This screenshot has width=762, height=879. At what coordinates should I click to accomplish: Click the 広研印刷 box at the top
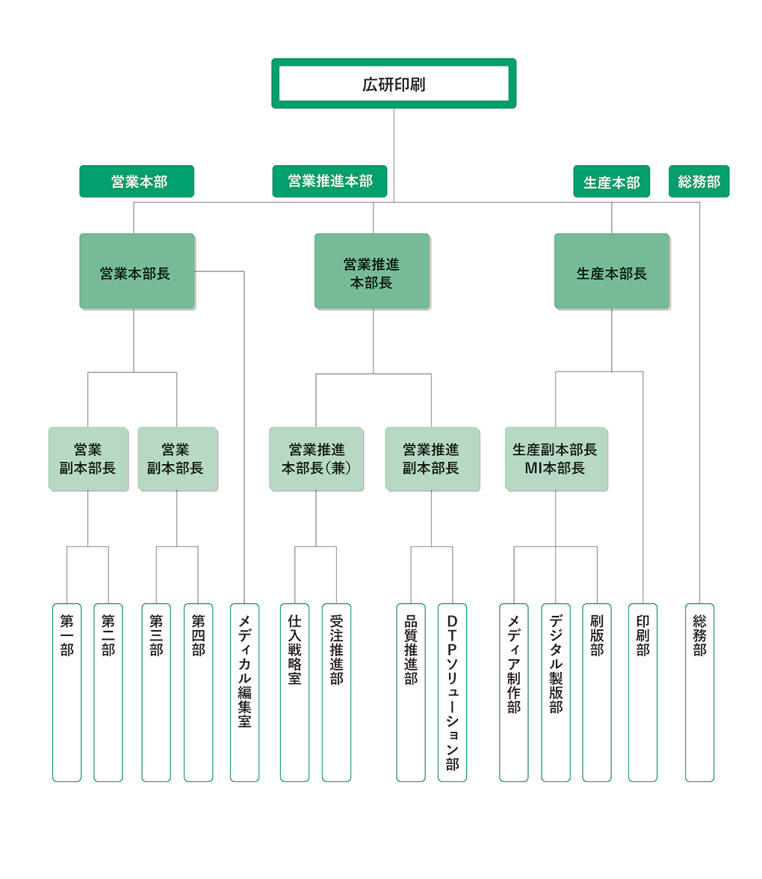[x=394, y=84]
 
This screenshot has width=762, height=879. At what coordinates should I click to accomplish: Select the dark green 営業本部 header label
[x=137, y=182]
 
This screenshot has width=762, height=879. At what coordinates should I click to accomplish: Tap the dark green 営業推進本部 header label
[x=329, y=182]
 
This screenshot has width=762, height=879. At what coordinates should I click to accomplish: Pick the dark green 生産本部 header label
[x=611, y=182]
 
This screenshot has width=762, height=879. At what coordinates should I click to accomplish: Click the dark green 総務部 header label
[x=698, y=182]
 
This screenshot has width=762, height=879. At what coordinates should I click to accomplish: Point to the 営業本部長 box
[x=137, y=271]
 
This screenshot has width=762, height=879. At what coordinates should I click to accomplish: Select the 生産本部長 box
[x=611, y=271]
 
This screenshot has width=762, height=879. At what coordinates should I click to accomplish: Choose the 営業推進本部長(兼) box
[x=316, y=459]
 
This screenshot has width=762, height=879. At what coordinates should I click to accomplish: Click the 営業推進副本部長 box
[x=431, y=459]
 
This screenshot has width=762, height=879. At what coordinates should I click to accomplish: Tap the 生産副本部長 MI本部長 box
[x=555, y=459]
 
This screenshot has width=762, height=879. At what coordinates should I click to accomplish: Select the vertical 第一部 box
[x=66, y=692]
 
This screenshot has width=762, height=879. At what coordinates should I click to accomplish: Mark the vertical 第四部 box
[x=198, y=692]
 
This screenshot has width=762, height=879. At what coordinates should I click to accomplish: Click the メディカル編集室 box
[x=244, y=692]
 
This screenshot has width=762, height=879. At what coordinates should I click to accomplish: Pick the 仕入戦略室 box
[x=294, y=692]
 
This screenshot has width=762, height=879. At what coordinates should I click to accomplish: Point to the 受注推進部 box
[x=336, y=692]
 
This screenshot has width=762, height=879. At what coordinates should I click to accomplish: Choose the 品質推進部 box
[x=410, y=692]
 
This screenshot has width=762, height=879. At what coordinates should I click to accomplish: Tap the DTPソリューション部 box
[x=452, y=692]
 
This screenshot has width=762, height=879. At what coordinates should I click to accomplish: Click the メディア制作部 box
[x=513, y=692]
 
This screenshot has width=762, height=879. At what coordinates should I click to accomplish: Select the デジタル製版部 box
[x=555, y=692]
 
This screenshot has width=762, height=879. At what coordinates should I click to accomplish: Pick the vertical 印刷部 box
[x=642, y=692]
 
